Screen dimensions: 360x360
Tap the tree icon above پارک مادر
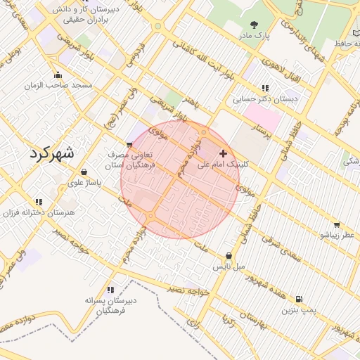coord(254,23)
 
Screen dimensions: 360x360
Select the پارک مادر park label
coord(254,34)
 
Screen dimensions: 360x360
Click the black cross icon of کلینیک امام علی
coord(224,153)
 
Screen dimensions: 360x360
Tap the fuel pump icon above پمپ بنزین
coord(301,299)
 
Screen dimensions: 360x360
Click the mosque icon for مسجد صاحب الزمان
coord(58,75)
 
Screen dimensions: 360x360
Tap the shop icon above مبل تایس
coord(229,257)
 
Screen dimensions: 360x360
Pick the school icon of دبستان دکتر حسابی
coord(265,89)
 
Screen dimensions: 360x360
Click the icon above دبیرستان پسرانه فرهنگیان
coord(110,290)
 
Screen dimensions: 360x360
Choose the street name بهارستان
coord(254,324)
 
